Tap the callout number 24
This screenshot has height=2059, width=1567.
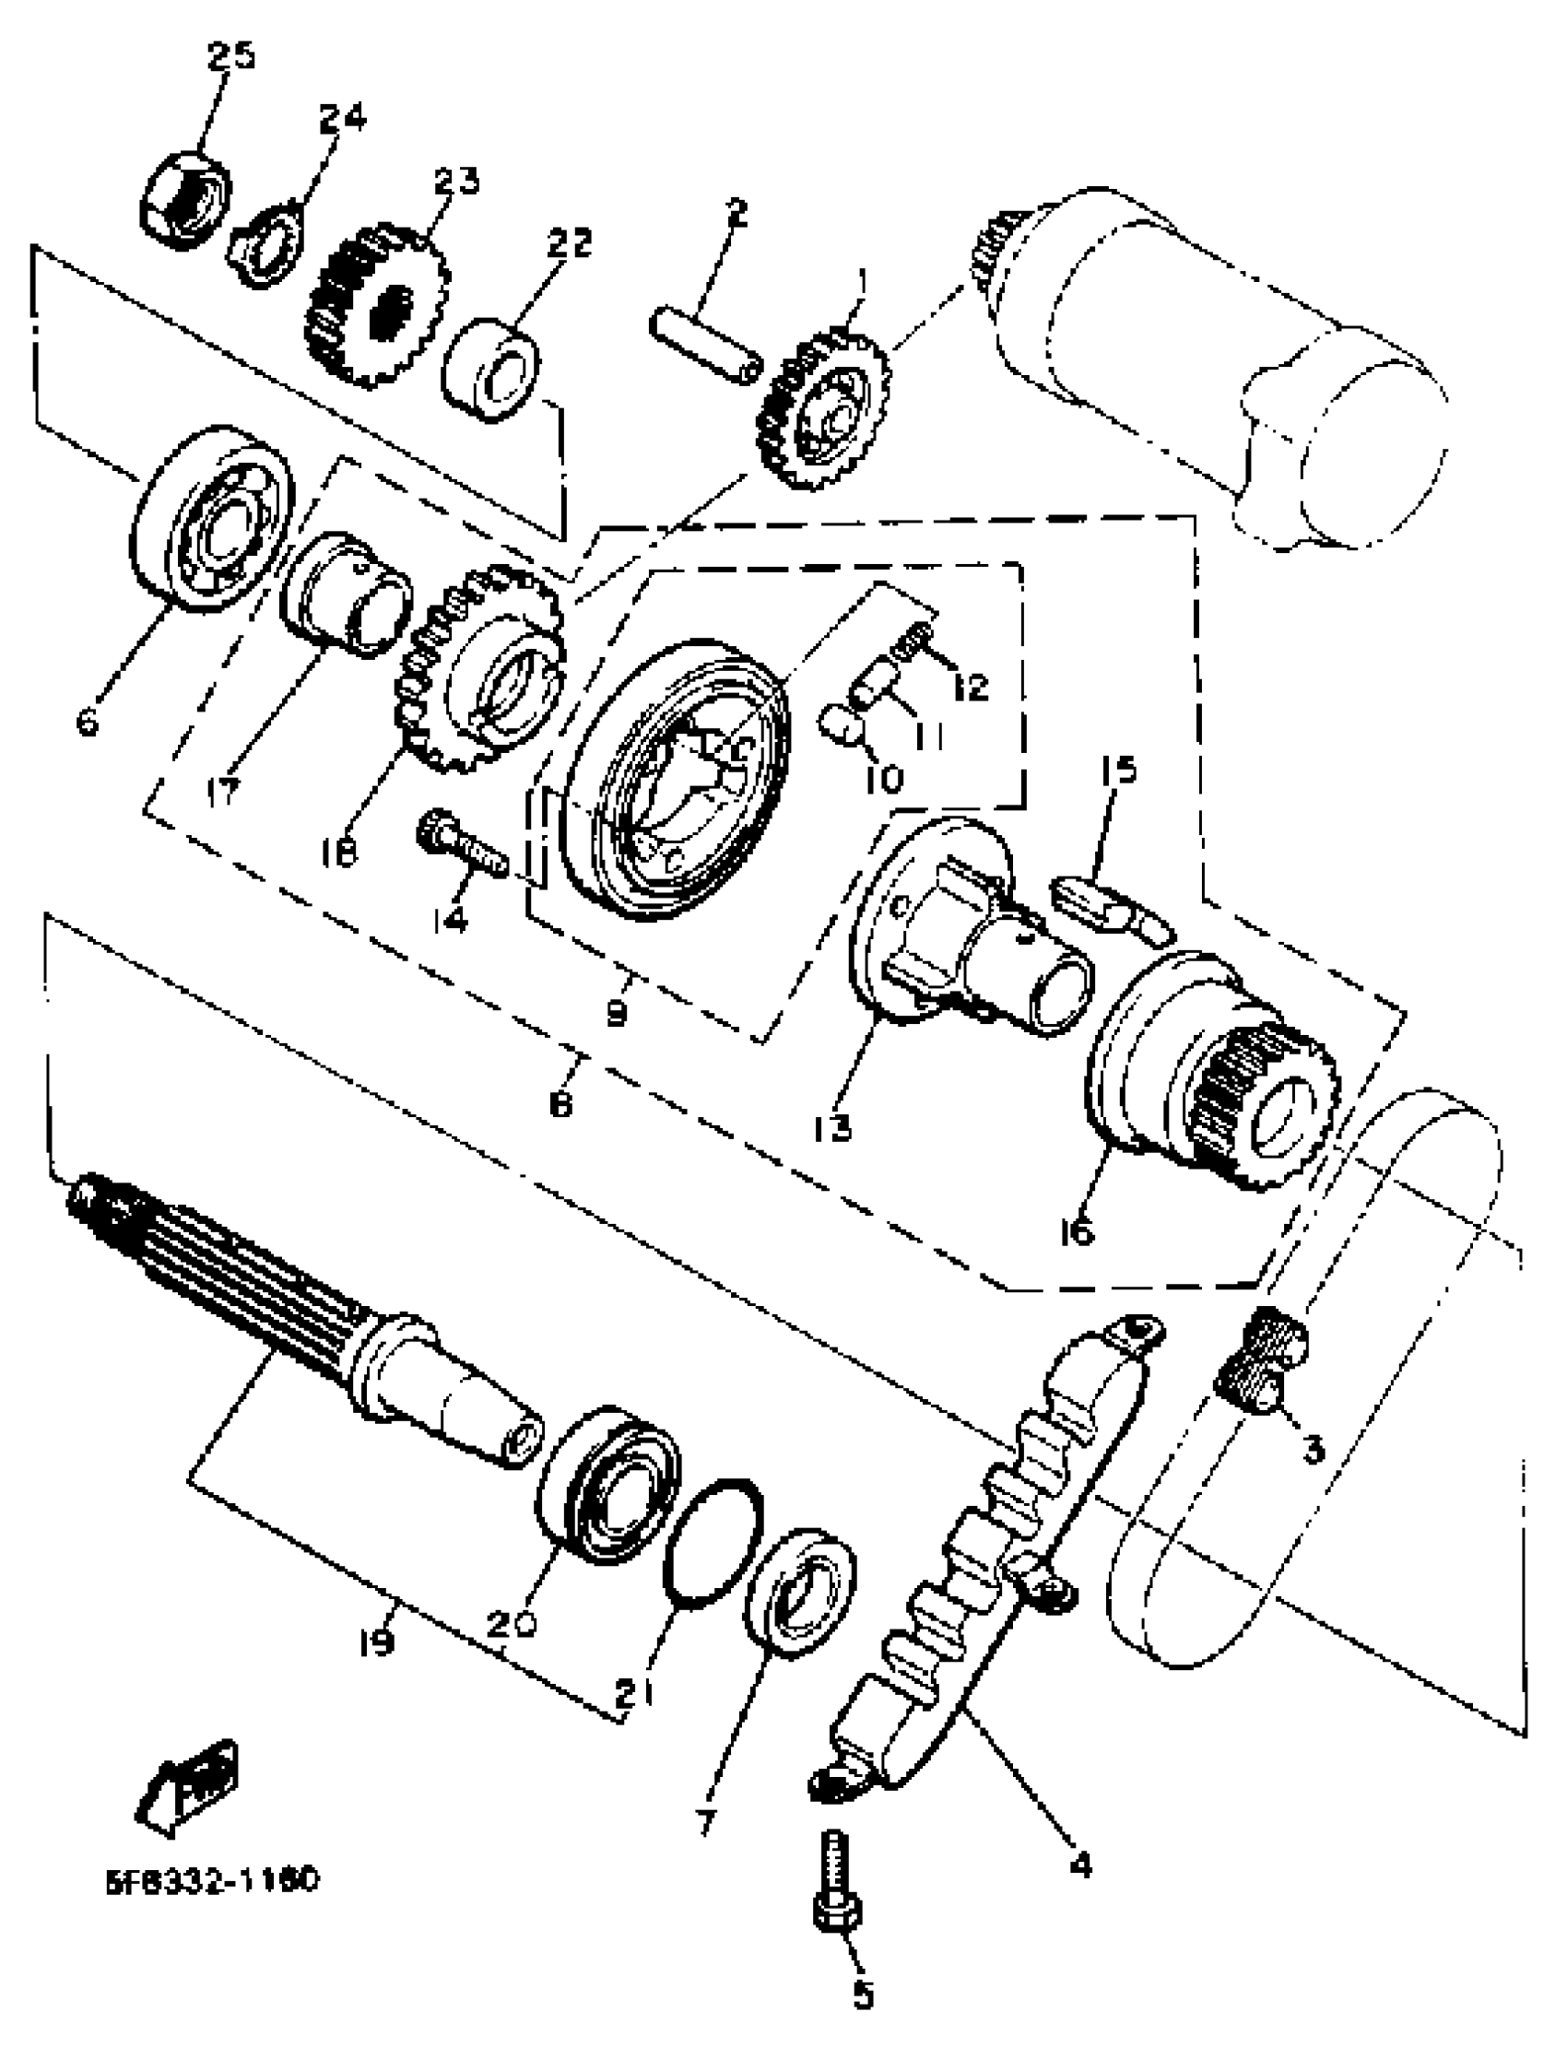(x=342, y=118)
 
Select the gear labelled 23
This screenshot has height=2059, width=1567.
(x=376, y=308)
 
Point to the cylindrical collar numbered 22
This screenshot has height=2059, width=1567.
(x=492, y=371)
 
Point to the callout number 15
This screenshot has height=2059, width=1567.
(x=1118, y=771)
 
